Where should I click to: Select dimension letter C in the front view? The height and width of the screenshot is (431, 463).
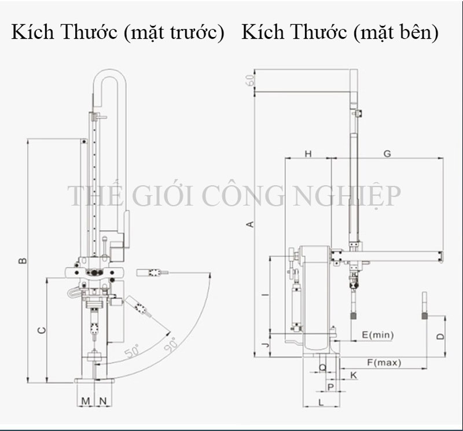[41, 330]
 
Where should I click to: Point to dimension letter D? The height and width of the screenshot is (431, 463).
[440, 336]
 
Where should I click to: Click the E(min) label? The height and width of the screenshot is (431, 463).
[377, 334]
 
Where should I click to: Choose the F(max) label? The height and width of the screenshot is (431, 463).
[384, 363]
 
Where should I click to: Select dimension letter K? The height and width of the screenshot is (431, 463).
[353, 375]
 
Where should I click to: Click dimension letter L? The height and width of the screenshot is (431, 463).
[321, 401]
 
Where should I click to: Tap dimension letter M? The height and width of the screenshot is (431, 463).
[85, 400]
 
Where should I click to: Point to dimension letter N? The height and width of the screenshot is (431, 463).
[102, 400]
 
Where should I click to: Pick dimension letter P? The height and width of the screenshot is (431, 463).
[330, 386]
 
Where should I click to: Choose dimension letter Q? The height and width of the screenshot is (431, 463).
[323, 367]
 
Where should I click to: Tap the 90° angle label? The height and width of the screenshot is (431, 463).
[172, 345]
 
